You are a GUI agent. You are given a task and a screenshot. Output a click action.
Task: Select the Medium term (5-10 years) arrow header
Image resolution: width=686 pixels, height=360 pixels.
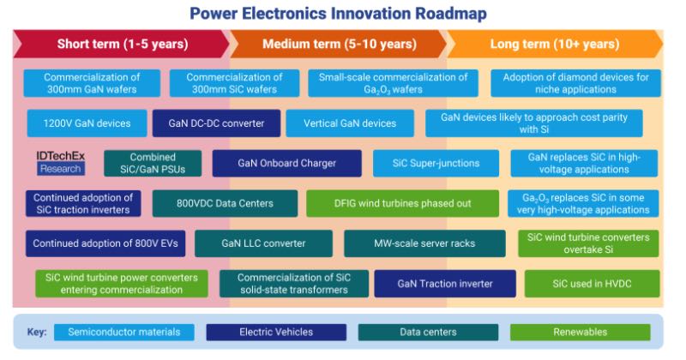coord(339,44)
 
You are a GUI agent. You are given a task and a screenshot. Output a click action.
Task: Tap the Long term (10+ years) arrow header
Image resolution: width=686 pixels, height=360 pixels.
coord(555,44)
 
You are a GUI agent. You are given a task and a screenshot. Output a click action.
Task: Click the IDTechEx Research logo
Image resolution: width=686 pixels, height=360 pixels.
coord(60,163)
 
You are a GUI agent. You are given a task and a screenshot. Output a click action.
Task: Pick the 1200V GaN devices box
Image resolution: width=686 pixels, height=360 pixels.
coord(87,123)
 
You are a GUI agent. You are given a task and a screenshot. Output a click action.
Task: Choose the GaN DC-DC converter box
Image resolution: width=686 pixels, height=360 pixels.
coord(216,123)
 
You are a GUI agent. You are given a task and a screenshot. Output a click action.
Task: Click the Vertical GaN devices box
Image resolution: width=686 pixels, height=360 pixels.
coord(350,123)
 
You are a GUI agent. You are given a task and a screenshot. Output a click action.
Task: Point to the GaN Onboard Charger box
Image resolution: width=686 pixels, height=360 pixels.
coord(286,163)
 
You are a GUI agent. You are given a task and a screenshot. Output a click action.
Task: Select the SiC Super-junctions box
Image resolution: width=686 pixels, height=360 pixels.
coord(436,163)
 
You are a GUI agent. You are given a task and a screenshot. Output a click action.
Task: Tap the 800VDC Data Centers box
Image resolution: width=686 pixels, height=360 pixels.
coord(225,203)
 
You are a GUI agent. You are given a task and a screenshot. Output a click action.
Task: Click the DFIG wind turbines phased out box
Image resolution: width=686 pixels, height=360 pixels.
coord(402,203)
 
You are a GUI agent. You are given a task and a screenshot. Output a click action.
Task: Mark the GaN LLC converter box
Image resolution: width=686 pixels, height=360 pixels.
coord(263,243)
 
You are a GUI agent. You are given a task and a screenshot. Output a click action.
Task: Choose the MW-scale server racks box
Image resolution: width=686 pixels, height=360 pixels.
coord(424,243)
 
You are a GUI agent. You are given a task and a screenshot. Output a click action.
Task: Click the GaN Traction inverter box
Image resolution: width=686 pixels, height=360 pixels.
coord(445,284)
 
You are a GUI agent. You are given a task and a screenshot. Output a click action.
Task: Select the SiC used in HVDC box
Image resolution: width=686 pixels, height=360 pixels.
coord(592,284)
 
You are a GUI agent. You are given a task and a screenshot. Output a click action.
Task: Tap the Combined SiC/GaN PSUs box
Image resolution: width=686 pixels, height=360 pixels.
coord(153,163)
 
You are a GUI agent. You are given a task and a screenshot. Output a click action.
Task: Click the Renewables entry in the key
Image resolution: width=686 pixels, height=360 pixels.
coord(581,332)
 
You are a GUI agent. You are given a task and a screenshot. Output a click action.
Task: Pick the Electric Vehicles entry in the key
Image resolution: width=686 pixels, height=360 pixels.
coord(276,332)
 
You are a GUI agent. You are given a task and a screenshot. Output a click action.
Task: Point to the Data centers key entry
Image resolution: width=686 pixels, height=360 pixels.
coord(428,332)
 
